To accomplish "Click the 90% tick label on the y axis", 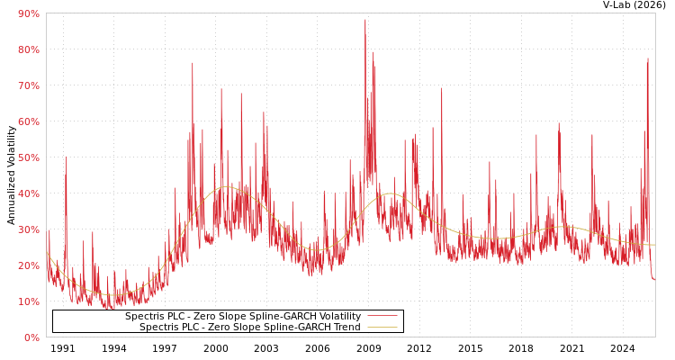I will tap(28, 13).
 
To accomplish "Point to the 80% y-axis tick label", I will tap(28, 49).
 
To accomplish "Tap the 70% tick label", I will tap(28, 85).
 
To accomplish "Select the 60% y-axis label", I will tap(28, 121).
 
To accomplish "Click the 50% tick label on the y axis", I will tap(28, 157).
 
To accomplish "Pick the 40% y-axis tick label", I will tap(28, 193).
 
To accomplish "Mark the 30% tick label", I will tap(28, 229).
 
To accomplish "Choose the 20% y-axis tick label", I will tap(28, 265).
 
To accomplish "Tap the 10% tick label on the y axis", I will tap(28, 301).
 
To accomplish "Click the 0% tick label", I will tap(31, 337).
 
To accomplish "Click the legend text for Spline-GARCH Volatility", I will tap(243, 316).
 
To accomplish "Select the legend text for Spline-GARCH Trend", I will tap(250, 327).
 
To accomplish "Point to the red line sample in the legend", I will tap(382, 316).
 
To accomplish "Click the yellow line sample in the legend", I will tap(382, 327).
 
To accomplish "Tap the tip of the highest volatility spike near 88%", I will tap(365, 20).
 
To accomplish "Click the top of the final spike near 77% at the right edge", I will tap(647, 59).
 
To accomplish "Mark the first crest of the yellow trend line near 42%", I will tap(225, 187).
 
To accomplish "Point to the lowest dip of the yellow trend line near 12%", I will tap(112, 294).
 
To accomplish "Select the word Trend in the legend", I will tap(346, 327).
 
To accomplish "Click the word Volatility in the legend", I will tap(338, 316).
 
